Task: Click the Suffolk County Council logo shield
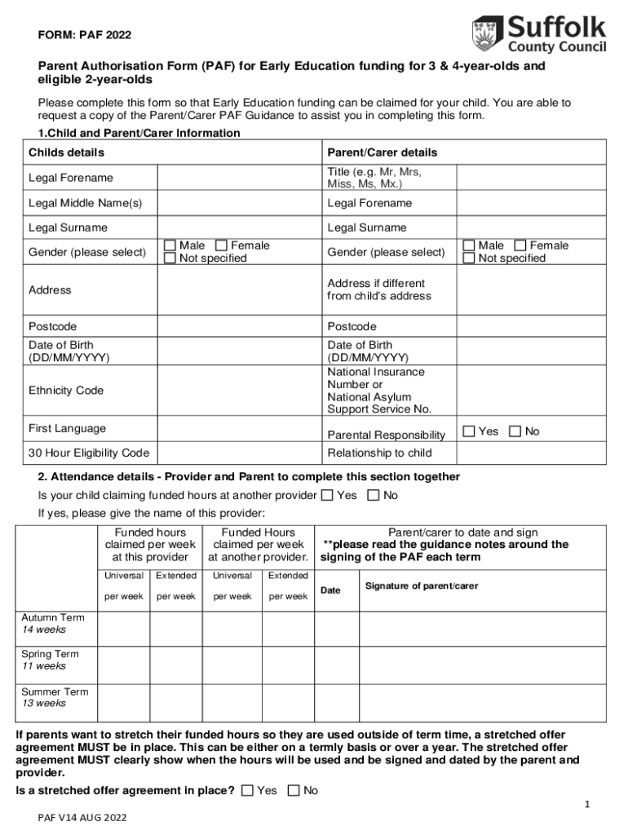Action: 483,33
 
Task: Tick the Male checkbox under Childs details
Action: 170,245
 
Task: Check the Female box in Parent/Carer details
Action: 522,245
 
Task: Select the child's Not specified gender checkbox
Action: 170,258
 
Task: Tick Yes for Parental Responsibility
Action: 469,431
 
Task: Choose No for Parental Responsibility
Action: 515,431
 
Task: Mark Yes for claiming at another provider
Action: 327,495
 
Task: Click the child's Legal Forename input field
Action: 238,178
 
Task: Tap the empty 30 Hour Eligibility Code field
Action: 238,453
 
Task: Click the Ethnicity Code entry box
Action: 238,391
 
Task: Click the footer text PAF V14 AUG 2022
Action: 82,817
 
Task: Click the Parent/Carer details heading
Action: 383,152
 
